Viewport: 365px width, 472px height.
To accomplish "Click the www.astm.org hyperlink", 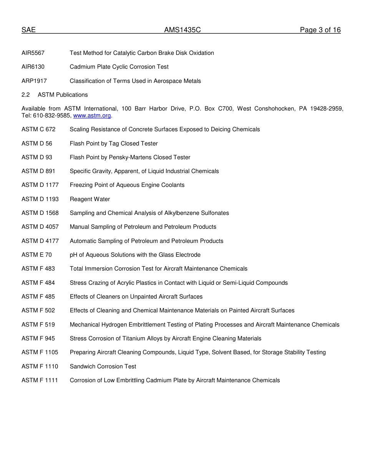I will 92,116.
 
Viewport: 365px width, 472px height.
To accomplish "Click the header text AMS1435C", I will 182,30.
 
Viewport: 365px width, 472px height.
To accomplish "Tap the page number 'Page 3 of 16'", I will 320,30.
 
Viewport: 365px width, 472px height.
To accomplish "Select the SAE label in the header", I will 28,30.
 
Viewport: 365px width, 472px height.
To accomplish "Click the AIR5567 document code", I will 33,53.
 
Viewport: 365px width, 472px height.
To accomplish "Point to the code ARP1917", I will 34,81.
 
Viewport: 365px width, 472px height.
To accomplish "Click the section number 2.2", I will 26,95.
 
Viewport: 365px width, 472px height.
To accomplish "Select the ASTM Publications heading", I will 63,95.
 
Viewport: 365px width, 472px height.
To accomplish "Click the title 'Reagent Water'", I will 90,199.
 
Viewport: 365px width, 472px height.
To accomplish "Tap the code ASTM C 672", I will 38,129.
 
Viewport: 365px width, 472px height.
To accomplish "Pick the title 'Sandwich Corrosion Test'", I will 103,366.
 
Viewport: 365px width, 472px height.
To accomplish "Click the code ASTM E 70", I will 36,255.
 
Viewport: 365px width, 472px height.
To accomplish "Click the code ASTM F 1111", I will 40,380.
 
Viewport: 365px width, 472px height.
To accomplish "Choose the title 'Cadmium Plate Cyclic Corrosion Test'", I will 119,67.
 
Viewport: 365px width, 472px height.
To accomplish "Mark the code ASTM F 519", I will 38,325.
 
